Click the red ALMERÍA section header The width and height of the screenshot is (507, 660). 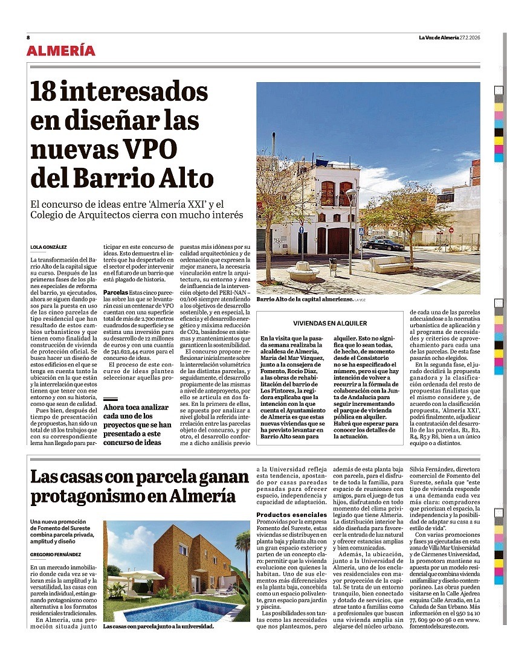60,51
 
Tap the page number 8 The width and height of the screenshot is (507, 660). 28,37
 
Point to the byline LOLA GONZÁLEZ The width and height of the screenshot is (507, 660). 48,246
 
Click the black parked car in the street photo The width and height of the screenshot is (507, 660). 384,245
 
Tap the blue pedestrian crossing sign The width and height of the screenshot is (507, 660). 361,231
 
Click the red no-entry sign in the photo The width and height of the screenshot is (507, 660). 451,230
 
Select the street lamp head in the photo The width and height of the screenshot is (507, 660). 350,193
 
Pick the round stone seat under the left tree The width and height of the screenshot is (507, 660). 303,272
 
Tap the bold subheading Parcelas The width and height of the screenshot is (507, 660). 115,293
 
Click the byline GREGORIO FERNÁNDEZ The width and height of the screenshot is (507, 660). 55,554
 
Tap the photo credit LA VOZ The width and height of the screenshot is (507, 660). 360,300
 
